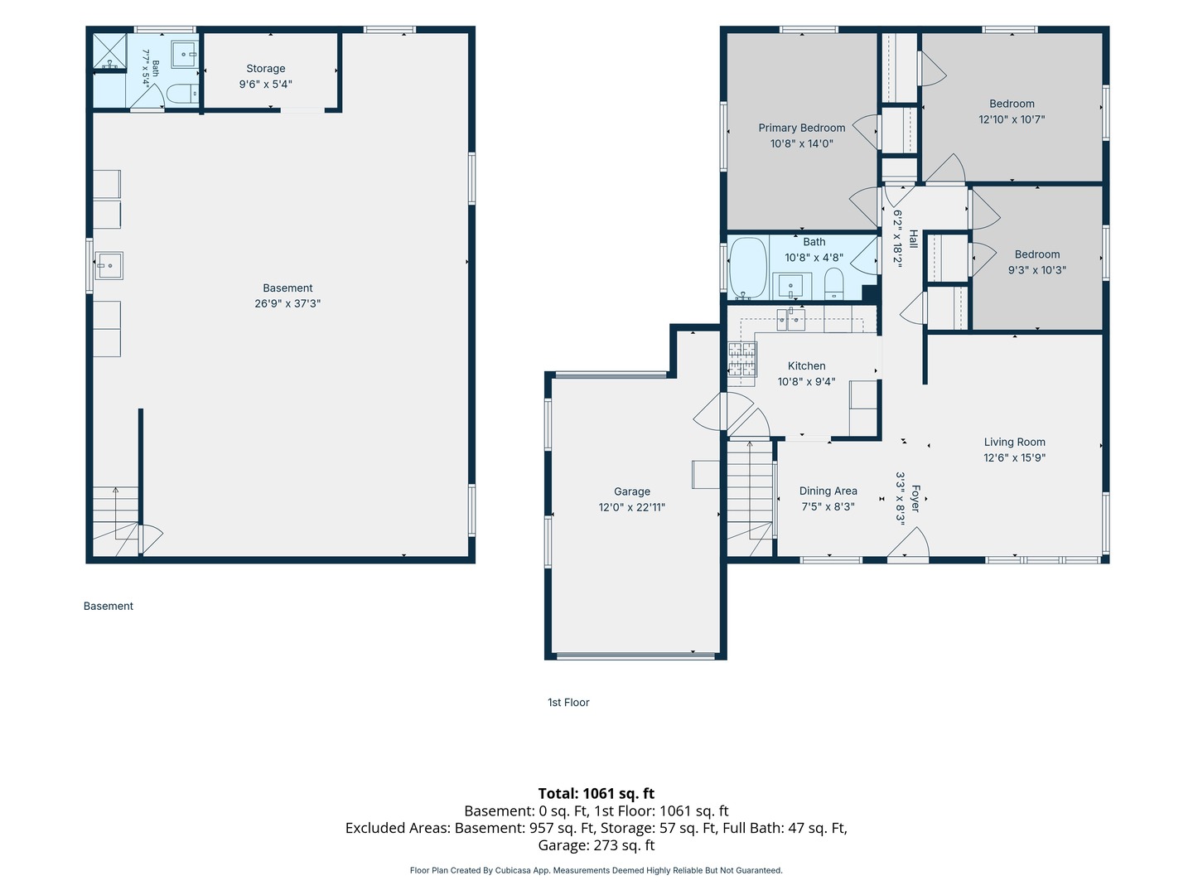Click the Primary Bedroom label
pos(802,128)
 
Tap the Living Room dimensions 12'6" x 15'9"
pos(1014,457)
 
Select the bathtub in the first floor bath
pos(748,268)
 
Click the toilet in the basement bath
pos(181,94)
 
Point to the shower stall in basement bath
pos(110,51)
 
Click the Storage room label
pos(266,69)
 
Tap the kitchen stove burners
pos(741,359)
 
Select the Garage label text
pos(631,491)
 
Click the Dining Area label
pos(828,491)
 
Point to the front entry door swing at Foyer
pos(908,543)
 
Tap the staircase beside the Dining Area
pos(750,498)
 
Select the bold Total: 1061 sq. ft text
pos(596,793)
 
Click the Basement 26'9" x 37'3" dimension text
pos(287,303)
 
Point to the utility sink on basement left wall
pos(109,266)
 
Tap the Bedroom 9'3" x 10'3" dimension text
pos(1037,270)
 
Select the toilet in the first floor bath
pos(833,283)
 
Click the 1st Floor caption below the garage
pos(568,702)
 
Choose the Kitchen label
pos(807,365)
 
